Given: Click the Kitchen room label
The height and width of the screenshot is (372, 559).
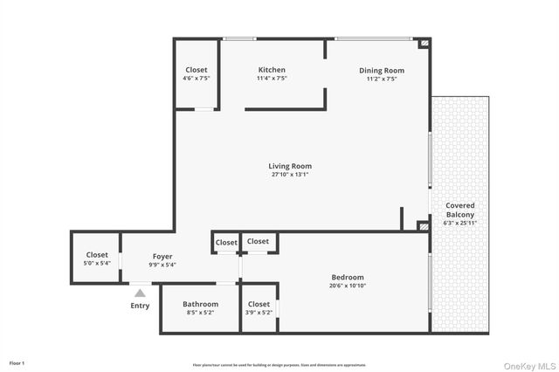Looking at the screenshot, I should click(271, 70).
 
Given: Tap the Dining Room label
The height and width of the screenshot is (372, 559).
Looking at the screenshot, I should click(382, 70).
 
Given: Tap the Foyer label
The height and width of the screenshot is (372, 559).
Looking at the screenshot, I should click(162, 256).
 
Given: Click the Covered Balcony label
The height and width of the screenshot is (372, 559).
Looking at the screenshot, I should click(460, 210).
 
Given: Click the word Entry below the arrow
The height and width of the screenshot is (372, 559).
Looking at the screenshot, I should click(140, 306).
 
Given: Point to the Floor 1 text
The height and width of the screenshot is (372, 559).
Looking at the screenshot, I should click(17, 362).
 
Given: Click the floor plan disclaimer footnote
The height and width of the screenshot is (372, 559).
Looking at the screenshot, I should click(279, 365).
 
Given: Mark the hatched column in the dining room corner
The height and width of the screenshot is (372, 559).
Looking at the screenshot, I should click(424, 42).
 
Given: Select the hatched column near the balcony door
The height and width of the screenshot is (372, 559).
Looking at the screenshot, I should click(424, 226).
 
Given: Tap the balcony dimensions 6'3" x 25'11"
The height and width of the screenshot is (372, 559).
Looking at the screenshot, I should click(460, 223).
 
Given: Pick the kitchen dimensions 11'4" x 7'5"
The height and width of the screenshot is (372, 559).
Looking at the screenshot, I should click(271, 79).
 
